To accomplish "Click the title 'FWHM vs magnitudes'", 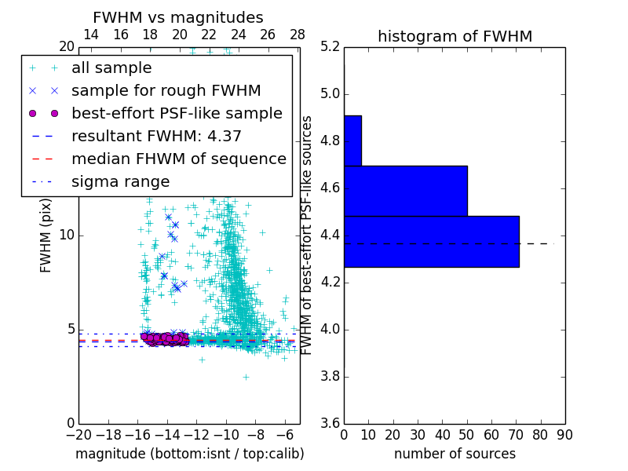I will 178,18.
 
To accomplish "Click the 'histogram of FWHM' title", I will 455,36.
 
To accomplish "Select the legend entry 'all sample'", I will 111,68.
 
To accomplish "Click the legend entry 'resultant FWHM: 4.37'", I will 156,136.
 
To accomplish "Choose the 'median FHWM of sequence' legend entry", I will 178,159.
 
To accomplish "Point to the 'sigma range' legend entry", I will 120,181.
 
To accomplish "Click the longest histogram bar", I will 431,241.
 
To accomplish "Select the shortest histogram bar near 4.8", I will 352,141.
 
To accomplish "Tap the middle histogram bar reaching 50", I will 405,191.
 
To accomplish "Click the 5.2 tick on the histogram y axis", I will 330,47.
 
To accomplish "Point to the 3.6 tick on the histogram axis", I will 330,423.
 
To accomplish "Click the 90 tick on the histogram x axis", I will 564,434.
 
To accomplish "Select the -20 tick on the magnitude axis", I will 78,434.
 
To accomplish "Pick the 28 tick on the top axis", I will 298,35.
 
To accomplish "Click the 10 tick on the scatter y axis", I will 68,235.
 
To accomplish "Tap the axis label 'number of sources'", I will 455,454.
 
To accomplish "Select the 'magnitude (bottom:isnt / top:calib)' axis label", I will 189,454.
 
